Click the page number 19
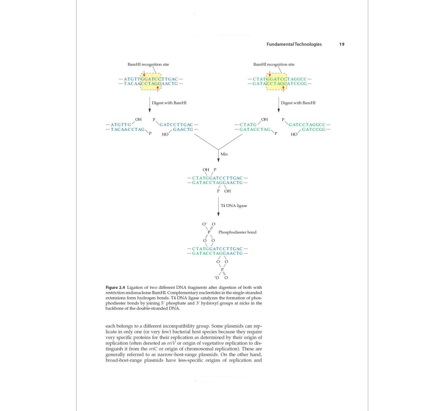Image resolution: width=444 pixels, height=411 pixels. pyautogui.click(x=341, y=44)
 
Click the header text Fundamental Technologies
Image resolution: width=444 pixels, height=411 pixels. pyautogui.click(x=294, y=44)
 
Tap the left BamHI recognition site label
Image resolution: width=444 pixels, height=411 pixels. pyautogui.click(x=148, y=65)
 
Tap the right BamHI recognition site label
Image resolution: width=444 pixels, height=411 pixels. pyautogui.click(x=274, y=65)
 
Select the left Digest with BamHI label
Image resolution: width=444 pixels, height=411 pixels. pyautogui.click(x=169, y=103)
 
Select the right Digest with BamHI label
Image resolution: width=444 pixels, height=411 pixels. pyautogui.click(x=298, y=103)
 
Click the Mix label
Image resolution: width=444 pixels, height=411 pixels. pyautogui.click(x=224, y=154)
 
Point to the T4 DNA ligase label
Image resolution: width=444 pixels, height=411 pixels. pyautogui.click(x=234, y=205)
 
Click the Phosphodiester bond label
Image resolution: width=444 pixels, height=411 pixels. pyautogui.click(x=237, y=232)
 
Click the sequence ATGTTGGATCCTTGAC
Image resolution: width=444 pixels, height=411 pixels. pyautogui.click(x=151, y=79)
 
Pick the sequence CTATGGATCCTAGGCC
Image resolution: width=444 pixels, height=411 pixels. pyautogui.click(x=280, y=79)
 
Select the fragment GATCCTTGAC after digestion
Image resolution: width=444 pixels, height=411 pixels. pyautogui.click(x=176, y=125)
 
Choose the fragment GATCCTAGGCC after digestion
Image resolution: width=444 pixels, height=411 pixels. pyautogui.click(x=307, y=125)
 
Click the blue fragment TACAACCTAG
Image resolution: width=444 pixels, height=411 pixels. pyautogui.click(x=128, y=129)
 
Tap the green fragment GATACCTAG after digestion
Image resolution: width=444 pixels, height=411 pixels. pyautogui.click(x=255, y=129)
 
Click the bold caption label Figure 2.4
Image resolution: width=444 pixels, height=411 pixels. pyautogui.click(x=115, y=287)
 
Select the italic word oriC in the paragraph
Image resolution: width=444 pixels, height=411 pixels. pyautogui.click(x=153, y=349)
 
